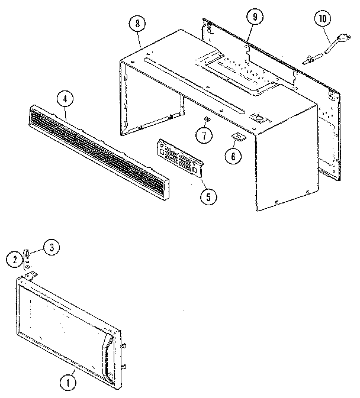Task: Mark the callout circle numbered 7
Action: [x=204, y=135]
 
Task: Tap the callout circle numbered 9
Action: [x=255, y=18]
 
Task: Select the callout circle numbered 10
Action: [x=322, y=19]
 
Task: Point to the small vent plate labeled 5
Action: [x=180, y=158]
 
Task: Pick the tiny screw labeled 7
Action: [x=207, y=120]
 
